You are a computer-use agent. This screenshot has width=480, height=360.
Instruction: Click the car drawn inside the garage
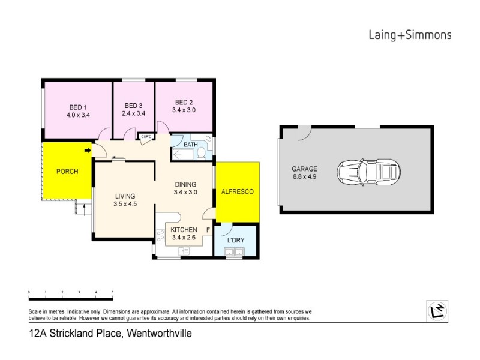coord(368,173)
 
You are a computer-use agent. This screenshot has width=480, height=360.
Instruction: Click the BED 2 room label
coord(184,101)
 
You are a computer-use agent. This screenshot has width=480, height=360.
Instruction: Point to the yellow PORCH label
coord(67,172)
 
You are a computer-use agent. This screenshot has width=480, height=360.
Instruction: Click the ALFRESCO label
coord(238,191)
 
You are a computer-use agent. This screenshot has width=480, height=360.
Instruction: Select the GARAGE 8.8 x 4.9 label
coord(305,173)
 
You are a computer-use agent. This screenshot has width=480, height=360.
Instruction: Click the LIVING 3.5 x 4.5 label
coord(125,200)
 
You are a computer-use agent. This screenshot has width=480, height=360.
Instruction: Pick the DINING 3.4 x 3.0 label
coord(185,188)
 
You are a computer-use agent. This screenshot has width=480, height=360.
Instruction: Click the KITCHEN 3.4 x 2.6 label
coord(184,234)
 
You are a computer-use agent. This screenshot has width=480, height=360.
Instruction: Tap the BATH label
coord(190,145)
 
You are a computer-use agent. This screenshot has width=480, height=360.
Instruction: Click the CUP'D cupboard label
coord(145,137)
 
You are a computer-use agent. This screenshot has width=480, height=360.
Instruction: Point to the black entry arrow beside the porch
coord(88,150)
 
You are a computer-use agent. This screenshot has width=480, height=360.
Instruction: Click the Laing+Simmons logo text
coord(409,35)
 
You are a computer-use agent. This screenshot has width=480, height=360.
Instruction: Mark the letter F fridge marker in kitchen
coord(208,230)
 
